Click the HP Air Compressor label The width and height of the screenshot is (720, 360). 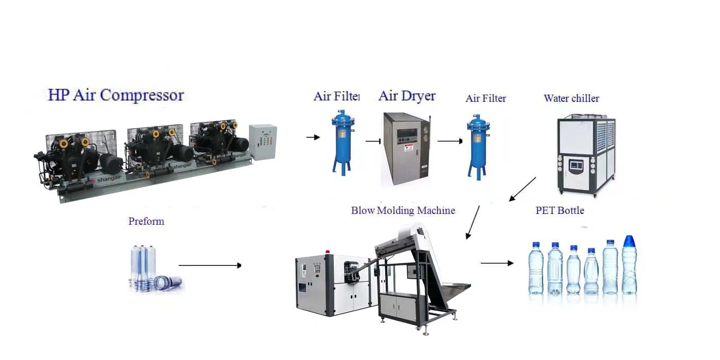pyautogui.click(x=116, y=95)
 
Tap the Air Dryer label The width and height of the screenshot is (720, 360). pyautogui.click(x=407, y=96)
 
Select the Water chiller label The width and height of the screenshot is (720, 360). pyautogui.click(x=571, y=98)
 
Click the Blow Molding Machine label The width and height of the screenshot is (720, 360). pyautogui.click(x=403, y=210)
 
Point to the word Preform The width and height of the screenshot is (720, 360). pyautogui.click(x=146, y=221)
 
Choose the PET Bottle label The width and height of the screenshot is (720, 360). pyautogui.click(x=560, y=210)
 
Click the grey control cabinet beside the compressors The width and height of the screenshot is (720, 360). pyautogui.click(x=262, y=142)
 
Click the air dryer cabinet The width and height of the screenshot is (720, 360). pyautogui.click(x=406, y=149)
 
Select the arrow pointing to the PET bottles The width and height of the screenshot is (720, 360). pyautogui.click(x=497, y=263)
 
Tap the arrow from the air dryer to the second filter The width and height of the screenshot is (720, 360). pyautogui.click(x=450, y=141)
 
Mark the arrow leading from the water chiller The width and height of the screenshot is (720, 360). pyautogui.click(x=522, y=189)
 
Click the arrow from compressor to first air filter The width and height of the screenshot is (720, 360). pyautogui.click(x=313, y=137)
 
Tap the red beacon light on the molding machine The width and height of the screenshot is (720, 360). pyautogui.click(x=327, y=253)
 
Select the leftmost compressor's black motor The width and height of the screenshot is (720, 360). pyautogui.click(x=111, y=163)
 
